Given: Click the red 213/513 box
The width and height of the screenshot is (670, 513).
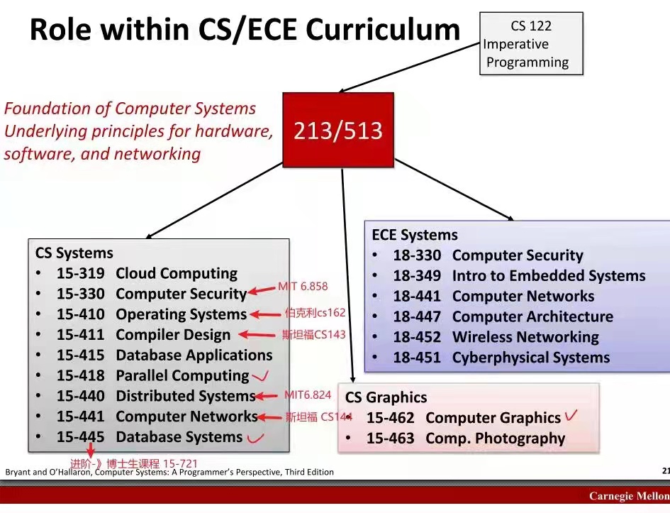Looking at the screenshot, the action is click(x=338, y=130).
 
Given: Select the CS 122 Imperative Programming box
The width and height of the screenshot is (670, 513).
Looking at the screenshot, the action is click(x=531, y=44).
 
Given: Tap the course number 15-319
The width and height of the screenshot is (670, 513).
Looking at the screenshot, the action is click(x=81, y=274).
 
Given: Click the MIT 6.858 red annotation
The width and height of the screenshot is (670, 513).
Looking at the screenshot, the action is click(x=303, y=287).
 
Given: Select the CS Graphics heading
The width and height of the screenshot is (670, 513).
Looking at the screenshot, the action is click(x=386, y=397).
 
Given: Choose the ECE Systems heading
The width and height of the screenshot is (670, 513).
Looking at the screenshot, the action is click(x=415, y=235).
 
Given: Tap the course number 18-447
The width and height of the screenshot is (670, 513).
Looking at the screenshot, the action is click(x=417, y=316).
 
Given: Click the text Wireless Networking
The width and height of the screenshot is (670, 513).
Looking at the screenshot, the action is click(x=525, y=337).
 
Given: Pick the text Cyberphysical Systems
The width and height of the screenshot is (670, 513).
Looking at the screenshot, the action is click(x=531, y=358).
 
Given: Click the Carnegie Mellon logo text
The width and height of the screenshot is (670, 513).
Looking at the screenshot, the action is click(x=628, y=496).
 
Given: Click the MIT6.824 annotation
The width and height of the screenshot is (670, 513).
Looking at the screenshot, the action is click(x=307, y=395).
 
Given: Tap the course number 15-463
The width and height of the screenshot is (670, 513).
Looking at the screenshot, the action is click(x=390, y=438).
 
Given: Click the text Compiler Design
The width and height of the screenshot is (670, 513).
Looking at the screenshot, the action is click(x=173, y=335).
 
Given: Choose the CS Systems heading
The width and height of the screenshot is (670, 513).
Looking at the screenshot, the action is click(x=74, y=253).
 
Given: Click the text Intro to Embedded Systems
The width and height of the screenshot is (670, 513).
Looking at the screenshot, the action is click(x=549, y=276).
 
